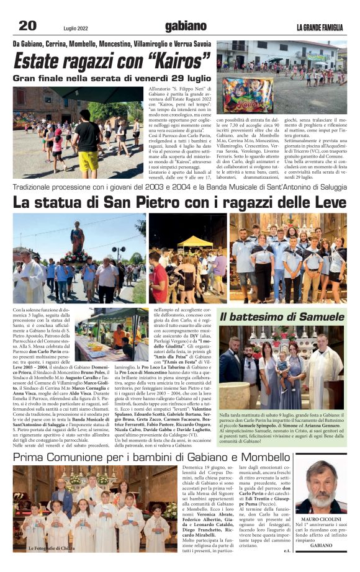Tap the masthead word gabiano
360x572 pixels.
[186, 25]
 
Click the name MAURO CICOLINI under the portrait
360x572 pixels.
[322, 519]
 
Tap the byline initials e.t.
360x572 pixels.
[287, 549]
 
